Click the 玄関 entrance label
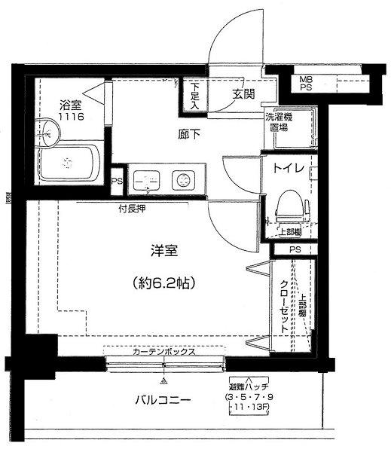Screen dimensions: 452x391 [x=243, y=94]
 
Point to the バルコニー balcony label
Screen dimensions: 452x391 [x=163, y=399]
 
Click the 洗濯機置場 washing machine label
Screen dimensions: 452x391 [x=278, y=122]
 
